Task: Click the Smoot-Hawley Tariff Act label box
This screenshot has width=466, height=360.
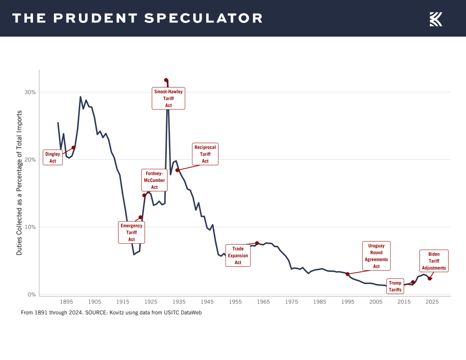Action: (x=168, y=98)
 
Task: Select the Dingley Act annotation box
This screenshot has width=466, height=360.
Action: (x=53, y=157)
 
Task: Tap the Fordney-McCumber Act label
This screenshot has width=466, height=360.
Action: (x=154, y=180)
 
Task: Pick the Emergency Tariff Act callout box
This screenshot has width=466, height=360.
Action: (x=132, y=232)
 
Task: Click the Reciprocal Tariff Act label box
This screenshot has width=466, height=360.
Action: (x=205, y=154)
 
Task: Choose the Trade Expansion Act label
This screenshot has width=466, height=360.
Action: (x=238, y=255)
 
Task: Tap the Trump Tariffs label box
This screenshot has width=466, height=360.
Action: (x=395, y=286)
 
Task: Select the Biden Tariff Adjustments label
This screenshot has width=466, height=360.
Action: (x=434, y=261)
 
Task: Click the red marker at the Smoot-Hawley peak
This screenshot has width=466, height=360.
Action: (x=166, y=80)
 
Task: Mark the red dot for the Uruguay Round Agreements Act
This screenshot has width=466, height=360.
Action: (x=348, y=274)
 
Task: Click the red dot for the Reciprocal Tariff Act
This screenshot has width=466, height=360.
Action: (x=177, y=170)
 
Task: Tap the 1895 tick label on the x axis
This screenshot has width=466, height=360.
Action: (x=67, y=302)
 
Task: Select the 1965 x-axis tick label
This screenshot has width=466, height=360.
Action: (x=263, y=302)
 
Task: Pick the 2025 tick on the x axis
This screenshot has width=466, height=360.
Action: (x=432, y=302)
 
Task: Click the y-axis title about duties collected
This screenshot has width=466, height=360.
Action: (x=19, y=182)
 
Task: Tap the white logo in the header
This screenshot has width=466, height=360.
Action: (x=436, y=19)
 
